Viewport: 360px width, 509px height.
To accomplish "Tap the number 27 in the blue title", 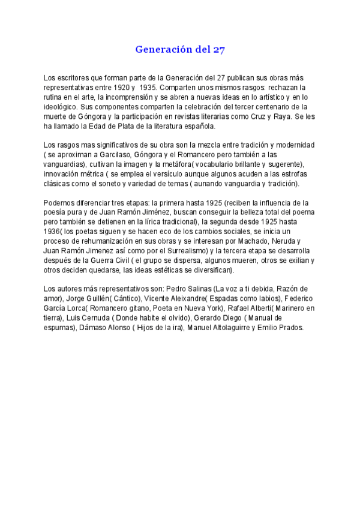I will [x=219, y=50].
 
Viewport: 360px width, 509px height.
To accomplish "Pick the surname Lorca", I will [x=82, y=309].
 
